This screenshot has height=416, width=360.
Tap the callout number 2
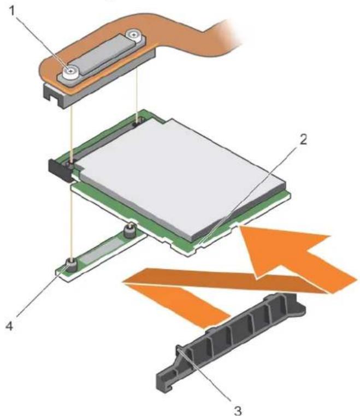pyautogui.click(x=303, y=139)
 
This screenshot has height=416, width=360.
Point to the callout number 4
pyautogui.click(x=9, y=326)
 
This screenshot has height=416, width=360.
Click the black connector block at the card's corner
pyautogui.click(x=60, y=170)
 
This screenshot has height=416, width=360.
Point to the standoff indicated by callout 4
pyautogui.click(x=71, y=265)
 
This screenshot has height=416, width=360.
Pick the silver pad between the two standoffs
pyautogui.click(x=101, y=248)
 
